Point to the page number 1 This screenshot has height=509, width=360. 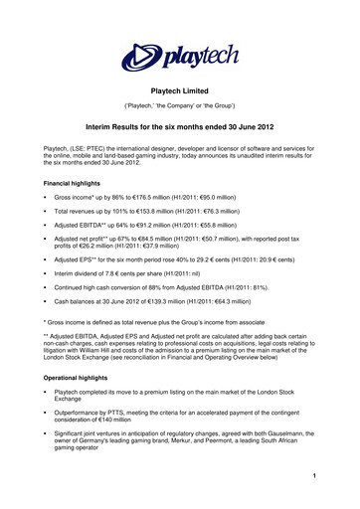[x=340, y=484]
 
